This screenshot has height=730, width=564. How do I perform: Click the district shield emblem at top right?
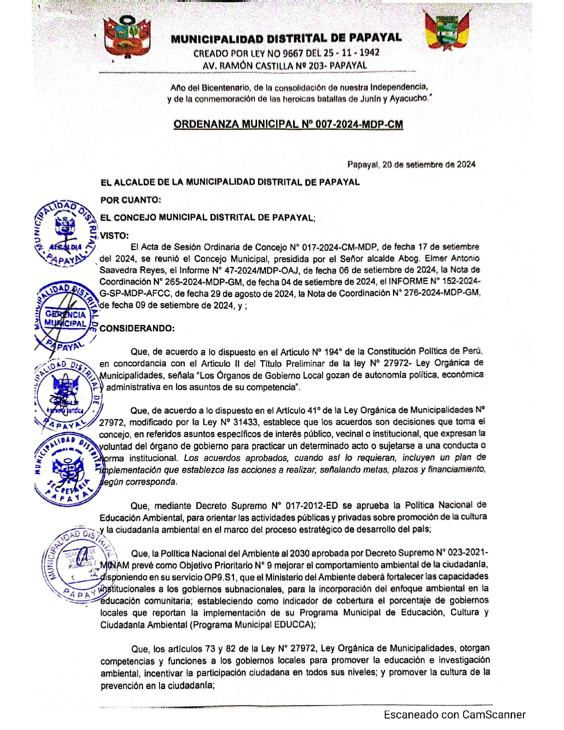(446, 30)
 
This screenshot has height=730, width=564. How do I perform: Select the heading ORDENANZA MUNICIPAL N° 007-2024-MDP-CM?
(288, 124)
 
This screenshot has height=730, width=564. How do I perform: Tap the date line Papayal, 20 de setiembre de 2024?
(411, 165)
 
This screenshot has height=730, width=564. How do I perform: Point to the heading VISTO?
(114, 235)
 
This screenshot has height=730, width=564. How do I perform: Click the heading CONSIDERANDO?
(137, 329)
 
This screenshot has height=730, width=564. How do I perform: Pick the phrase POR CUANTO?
(131, 200)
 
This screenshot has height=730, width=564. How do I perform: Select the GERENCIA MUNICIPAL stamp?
(65, 318)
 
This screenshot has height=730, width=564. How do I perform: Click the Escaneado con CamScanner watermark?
(454, 714)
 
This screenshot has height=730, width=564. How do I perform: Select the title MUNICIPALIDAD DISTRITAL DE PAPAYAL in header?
(286, 39)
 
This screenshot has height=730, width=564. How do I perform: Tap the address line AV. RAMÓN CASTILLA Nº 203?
(285, 66)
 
